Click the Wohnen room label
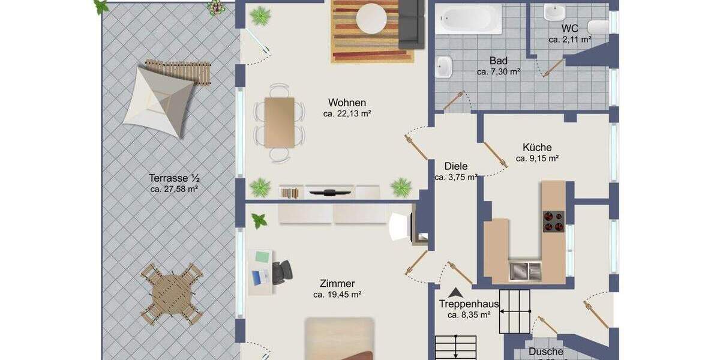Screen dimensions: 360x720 (347, 103)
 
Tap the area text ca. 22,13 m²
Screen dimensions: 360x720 (347, 113)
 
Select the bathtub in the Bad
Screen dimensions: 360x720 (468, 20)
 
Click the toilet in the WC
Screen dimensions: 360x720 (598, 26)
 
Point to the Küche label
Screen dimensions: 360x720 (537, 148)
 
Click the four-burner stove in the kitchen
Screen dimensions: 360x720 (553, 222)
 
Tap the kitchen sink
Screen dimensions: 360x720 (524, 271)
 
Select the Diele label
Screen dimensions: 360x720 (456, 166)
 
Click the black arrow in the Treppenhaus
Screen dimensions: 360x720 (456, 293)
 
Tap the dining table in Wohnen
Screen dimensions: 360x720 (279, 122)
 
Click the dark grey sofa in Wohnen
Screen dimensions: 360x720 (412, 24)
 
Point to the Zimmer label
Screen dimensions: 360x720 (337, 284)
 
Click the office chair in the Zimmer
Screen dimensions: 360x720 (281, 272)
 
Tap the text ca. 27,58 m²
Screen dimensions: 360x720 (174, 189)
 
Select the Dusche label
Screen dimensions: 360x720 (546, 352)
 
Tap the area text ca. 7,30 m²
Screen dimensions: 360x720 (498, 71)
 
